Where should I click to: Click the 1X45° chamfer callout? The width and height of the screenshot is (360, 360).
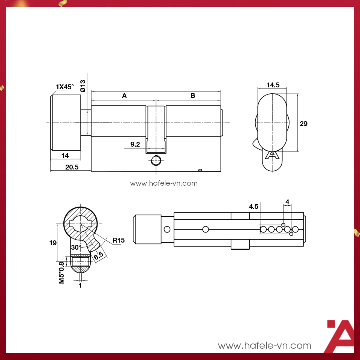[65, 87]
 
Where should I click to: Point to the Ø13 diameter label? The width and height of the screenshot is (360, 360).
[83, 86]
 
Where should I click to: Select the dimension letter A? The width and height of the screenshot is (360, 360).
[124, 96]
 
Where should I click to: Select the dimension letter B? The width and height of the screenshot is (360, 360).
[193, 96]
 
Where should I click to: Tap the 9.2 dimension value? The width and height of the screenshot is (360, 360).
[135, 144]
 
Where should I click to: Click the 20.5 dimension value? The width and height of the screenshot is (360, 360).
[72, 167]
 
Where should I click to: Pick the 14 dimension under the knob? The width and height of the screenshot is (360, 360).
[65, 155]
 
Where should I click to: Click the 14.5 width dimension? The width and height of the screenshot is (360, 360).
[273, 85]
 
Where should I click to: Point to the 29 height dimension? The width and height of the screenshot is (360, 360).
[304, 124]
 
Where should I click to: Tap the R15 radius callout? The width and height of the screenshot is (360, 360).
[118, 240]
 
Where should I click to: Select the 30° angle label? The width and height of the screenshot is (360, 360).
[76, 247]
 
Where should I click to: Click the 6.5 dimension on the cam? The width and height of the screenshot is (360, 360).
[99, 256]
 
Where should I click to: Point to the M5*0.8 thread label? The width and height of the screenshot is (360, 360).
[62, 270]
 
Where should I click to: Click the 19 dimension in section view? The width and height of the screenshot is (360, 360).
[53, 243]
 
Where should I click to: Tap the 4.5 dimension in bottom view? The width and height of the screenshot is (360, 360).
[253, 207]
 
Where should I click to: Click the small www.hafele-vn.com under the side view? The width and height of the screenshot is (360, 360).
[163, 183]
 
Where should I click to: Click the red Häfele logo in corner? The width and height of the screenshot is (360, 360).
[340, 336]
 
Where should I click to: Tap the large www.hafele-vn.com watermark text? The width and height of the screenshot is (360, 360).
[264, 345]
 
